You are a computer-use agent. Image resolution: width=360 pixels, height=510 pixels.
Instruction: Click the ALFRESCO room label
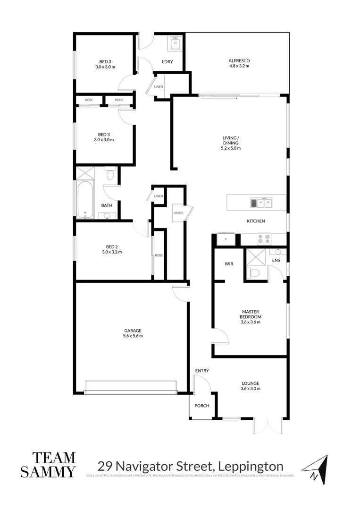[x=239, y=60]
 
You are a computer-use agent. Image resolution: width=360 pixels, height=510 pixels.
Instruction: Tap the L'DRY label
[x=167, y=62]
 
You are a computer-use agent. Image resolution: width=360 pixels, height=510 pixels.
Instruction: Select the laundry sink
[x=176, y=44]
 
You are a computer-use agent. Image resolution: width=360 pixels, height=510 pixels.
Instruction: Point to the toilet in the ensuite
[x=254, y=273]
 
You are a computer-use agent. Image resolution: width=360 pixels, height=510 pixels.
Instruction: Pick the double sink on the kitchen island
[x=261, y=203]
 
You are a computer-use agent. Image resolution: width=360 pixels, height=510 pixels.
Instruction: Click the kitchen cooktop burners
[x=264, y=239]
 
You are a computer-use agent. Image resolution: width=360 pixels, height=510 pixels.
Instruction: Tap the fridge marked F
[x=226, y=239]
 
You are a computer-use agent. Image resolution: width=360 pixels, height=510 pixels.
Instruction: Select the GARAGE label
[x=133, y=331]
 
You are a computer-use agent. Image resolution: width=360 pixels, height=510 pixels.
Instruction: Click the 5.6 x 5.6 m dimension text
[x=133, y=336]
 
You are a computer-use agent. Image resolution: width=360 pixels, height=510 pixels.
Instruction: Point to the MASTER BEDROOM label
[x=251, y=314]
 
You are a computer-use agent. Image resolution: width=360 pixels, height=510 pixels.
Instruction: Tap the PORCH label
[x=201, y=406]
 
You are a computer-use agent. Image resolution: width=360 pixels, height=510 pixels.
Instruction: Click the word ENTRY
[x=201, y=371]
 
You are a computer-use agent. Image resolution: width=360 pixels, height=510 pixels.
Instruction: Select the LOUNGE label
[x=251, y=383]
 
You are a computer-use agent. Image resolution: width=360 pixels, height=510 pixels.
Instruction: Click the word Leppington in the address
[x=250, y=466]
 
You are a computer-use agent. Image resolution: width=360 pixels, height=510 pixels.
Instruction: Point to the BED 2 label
[x=112, y=246]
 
